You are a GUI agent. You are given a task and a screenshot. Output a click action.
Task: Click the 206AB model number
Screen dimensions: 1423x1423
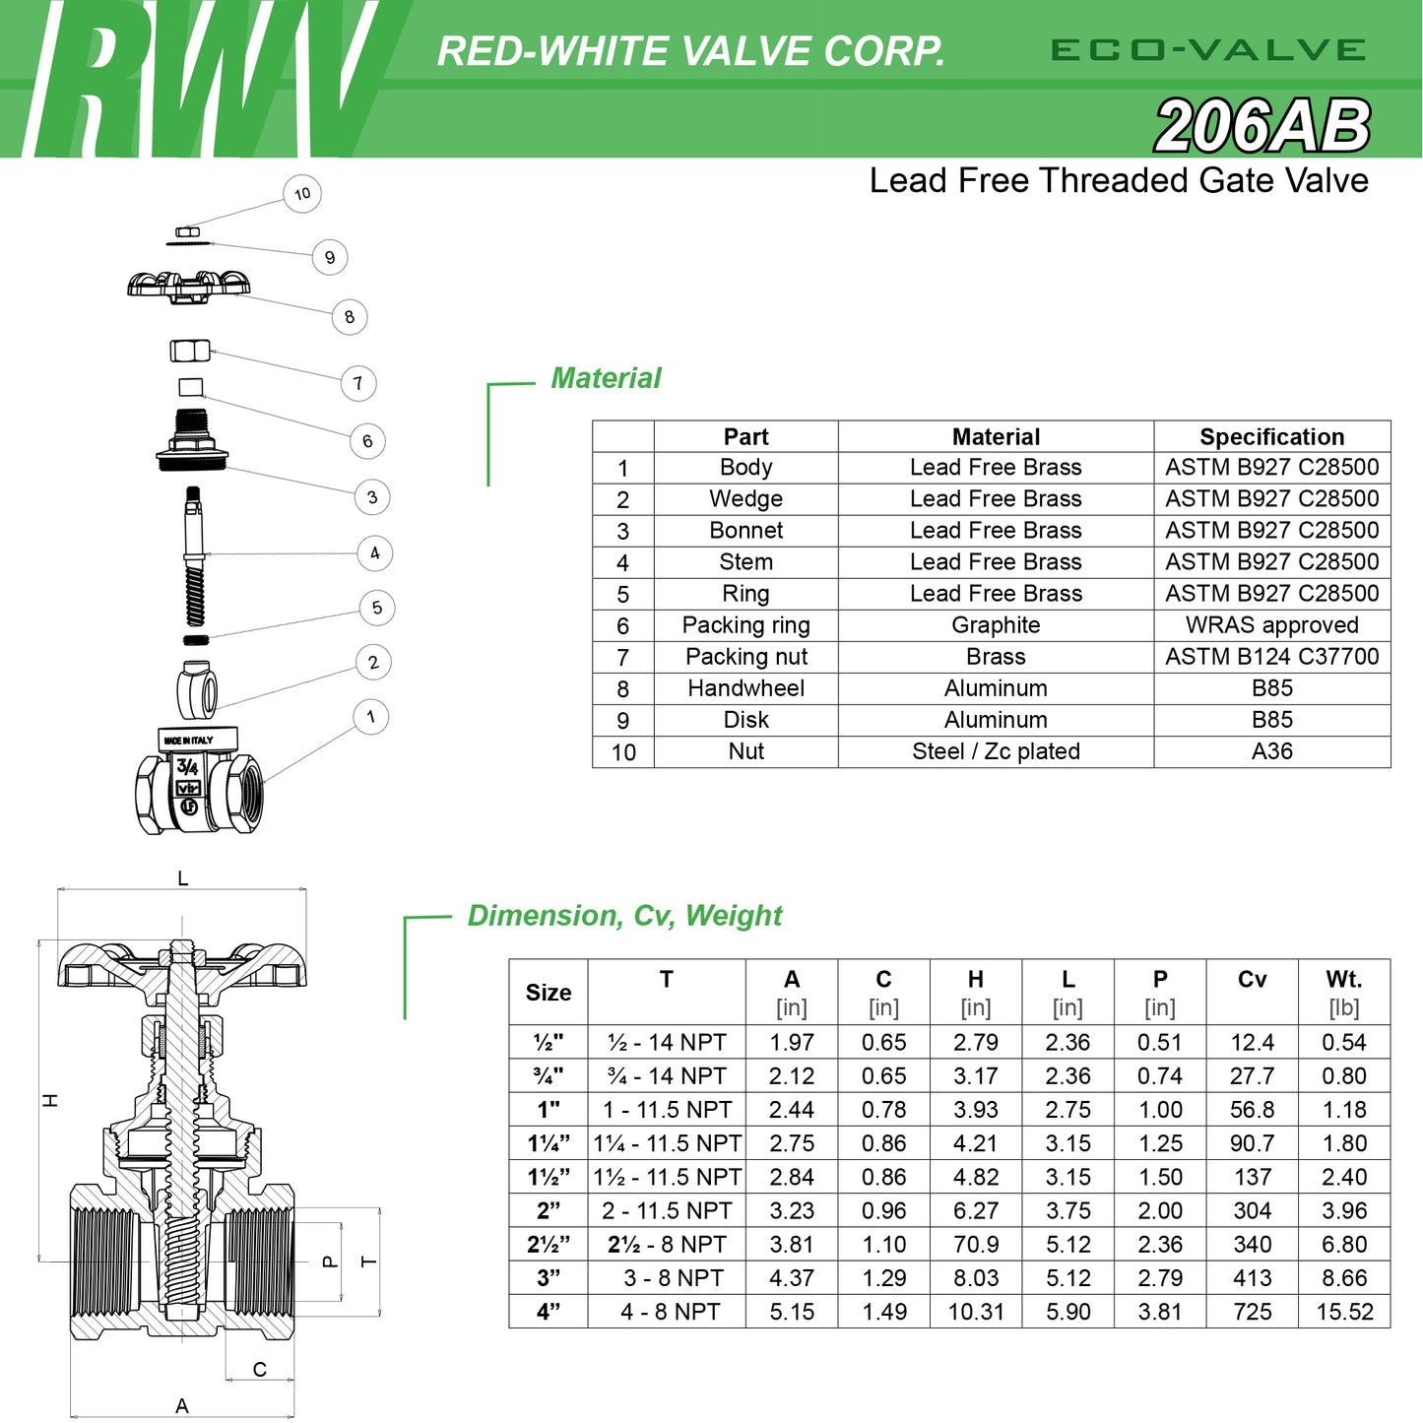1261,127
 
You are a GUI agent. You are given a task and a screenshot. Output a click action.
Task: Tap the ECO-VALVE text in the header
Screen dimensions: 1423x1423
1207,50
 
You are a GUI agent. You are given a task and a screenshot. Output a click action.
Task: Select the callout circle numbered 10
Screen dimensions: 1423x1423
302,194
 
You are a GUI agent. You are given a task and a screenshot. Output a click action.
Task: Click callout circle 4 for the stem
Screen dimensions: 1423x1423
374,552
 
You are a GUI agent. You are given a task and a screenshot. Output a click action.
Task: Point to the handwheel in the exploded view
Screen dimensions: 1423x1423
188,285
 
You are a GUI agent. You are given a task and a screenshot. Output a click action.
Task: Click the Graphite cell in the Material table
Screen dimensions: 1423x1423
996,625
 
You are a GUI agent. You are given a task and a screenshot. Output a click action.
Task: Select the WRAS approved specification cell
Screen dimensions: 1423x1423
1271,625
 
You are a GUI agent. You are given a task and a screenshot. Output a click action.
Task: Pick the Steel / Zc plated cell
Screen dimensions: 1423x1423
996,751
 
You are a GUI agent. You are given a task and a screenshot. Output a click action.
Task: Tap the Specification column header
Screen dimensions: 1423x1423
1271,436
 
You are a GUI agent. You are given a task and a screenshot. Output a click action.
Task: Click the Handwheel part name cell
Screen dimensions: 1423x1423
745,688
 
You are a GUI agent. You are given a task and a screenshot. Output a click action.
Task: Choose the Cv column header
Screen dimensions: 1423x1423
1252,980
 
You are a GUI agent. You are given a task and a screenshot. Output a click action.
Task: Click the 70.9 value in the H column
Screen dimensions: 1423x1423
975,1245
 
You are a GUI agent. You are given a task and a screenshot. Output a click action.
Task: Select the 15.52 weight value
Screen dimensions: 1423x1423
1344,1312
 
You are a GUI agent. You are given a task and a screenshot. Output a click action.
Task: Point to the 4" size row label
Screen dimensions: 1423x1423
549,1312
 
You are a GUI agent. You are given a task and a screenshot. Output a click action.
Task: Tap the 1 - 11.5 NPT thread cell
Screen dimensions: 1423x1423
667,1110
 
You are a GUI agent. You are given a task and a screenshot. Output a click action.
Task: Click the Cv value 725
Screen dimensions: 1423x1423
1252,1312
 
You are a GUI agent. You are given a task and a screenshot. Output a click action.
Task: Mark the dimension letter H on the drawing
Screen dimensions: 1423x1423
51,1100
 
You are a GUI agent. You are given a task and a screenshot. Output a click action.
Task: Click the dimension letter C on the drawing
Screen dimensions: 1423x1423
260,1369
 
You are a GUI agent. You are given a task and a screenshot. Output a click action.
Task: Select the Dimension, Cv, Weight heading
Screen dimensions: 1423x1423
624,916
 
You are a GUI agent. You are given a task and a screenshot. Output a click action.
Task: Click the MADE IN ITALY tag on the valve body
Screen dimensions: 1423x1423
188,740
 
